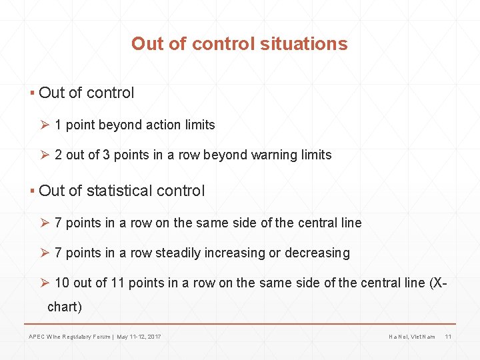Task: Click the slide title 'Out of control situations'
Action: tap(239, 44)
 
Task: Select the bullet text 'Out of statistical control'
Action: tap(122, 191)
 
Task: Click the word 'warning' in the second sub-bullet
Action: tap(274, 155)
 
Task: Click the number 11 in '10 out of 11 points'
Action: tap(117, 283)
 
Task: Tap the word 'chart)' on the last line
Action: tap(65, 307)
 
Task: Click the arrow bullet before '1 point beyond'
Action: tap(45, 125)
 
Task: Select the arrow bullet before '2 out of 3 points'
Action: tap(45, 155)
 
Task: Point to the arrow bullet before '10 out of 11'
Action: tap(45, 283)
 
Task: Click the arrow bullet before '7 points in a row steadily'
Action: tap(45, 253)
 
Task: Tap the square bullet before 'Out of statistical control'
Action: tap(32, 191)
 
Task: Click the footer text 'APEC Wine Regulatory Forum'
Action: tap(70, 337)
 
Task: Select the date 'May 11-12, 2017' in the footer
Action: tap(139, 337)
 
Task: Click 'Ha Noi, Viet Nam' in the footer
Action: tap(411, 337)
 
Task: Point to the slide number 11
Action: tap(448, 337)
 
